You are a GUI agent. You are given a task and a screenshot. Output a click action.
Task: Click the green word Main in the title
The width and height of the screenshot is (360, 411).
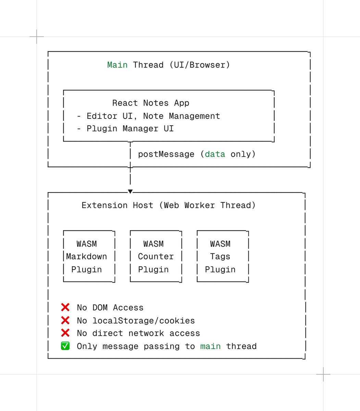(x=117, y=65)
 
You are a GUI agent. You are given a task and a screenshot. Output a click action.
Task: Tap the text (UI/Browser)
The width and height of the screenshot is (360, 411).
(x=199, y=65)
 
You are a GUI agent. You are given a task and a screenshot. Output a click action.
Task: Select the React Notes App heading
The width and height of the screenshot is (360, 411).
(x=151, y=103)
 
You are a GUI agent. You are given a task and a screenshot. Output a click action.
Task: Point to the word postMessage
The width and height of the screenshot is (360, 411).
(x=166, y=154)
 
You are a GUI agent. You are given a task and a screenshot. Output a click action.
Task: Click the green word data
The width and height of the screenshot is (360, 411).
(x=215, y=154)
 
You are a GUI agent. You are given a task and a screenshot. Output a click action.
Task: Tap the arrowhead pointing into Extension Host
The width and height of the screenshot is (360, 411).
(x=130, y=191)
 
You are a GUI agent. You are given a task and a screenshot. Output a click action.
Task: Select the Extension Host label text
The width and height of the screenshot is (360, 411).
(x=117, y=205)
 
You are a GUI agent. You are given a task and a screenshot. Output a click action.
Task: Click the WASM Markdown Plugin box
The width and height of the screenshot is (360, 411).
(x=89, y=257)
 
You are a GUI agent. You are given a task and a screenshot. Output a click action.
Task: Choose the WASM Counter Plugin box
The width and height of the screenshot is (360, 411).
(x=156, y=257)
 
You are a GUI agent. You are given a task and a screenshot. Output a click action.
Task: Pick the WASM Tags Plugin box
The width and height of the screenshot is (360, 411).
(x=223, y=257)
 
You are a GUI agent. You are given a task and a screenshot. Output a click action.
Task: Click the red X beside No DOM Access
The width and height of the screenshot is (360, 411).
(x=65, y=307)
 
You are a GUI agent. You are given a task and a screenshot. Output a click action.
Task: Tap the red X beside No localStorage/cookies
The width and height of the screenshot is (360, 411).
(x=65, y=320)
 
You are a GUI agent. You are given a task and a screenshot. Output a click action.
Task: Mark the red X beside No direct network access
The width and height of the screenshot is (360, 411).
(x=65, y=333)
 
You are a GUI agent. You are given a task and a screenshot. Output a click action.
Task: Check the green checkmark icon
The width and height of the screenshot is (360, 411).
(x=65, y=346)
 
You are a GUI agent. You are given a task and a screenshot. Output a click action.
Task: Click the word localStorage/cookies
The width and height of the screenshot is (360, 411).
(x=144, y=321)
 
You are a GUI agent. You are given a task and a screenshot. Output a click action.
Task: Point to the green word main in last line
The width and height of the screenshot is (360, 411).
(x=210, y=346)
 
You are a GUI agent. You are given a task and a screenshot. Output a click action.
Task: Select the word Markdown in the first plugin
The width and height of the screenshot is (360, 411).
(x=86, y=257)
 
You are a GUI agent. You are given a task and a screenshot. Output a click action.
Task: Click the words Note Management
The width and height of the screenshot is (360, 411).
(x=181, y=116)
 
